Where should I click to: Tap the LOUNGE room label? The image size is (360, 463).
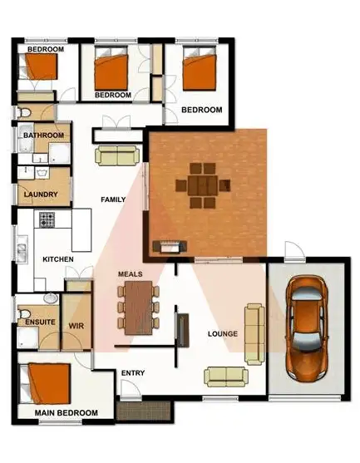click(224, 334)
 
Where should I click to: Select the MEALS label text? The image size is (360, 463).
click(131, 274)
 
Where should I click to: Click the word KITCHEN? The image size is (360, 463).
click(58, 260)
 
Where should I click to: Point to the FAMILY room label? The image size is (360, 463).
click(113, 199)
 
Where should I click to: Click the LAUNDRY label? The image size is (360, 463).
click(41, 195)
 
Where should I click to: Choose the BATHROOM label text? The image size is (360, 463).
click(43, 135)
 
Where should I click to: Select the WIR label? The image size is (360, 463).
click(76, 325)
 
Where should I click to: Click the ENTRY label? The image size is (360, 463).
click(133, 372)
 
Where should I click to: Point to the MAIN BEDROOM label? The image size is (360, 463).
click(66, 413)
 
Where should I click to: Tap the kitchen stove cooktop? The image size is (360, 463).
click(47, 220)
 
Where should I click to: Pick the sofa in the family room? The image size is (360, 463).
click(116, 155)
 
